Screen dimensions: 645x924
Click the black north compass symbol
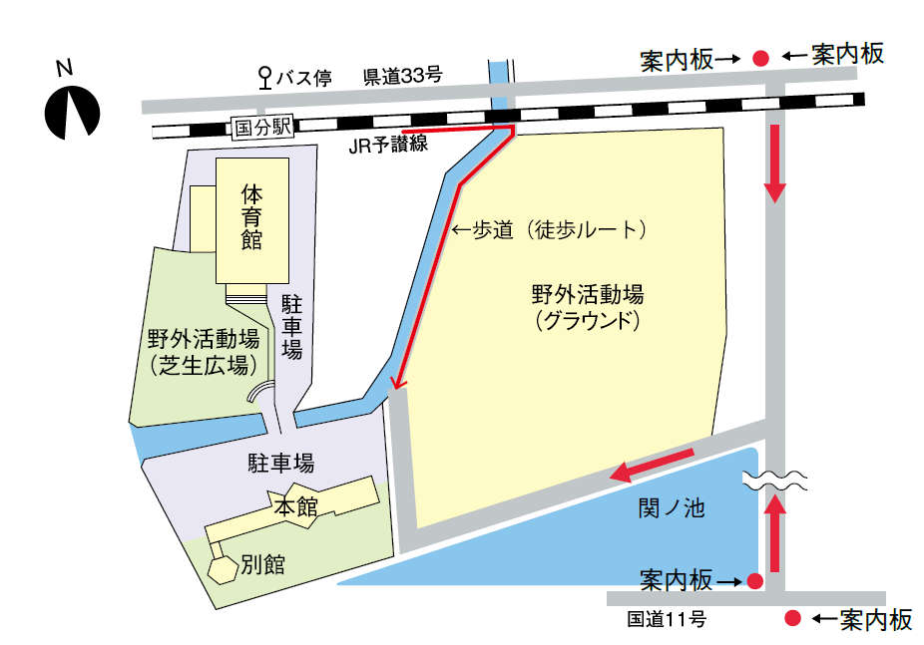pos(72,113)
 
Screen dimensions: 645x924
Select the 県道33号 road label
pos(402,76)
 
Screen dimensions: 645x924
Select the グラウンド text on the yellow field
pos(586,321)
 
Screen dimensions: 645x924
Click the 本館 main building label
pos(295,506)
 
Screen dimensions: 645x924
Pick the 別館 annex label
pos(263,565)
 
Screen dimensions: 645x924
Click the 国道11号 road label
pos(667,619)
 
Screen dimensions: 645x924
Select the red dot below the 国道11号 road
pos(793,618)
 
